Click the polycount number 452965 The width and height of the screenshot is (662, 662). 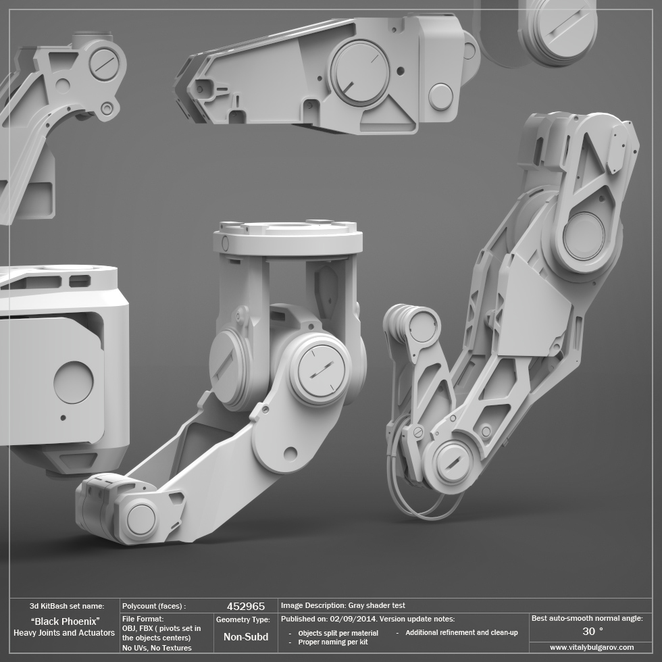click(x=245, y=607)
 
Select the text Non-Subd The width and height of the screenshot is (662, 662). click(x=245, y=637)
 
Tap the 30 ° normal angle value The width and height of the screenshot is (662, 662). click(x=592, y=632)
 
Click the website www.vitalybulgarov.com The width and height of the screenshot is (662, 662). click(x=592, y=647)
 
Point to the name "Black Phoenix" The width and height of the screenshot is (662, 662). click(x=66, y=621)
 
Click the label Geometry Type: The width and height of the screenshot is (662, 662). click(x=243, y=619)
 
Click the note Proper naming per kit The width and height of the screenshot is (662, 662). click(x=332, y=642)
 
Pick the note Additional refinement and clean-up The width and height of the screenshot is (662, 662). click(x=461, y=633)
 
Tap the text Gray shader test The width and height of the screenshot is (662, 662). click(x=376, y=606)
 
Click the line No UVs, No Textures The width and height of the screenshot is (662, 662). click(x=157, y=648)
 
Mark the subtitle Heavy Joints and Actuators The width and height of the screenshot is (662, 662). click(x=64, y=633)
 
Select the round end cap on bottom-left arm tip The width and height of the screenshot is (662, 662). click(x=141, y=519)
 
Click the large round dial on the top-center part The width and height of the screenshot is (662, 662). click(x=359, y=72)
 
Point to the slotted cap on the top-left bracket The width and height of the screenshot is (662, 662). click(x=103, y=65)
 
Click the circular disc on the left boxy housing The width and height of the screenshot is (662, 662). click(x=73, y=382)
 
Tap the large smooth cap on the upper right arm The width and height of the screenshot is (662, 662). click(x=584, y=236)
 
